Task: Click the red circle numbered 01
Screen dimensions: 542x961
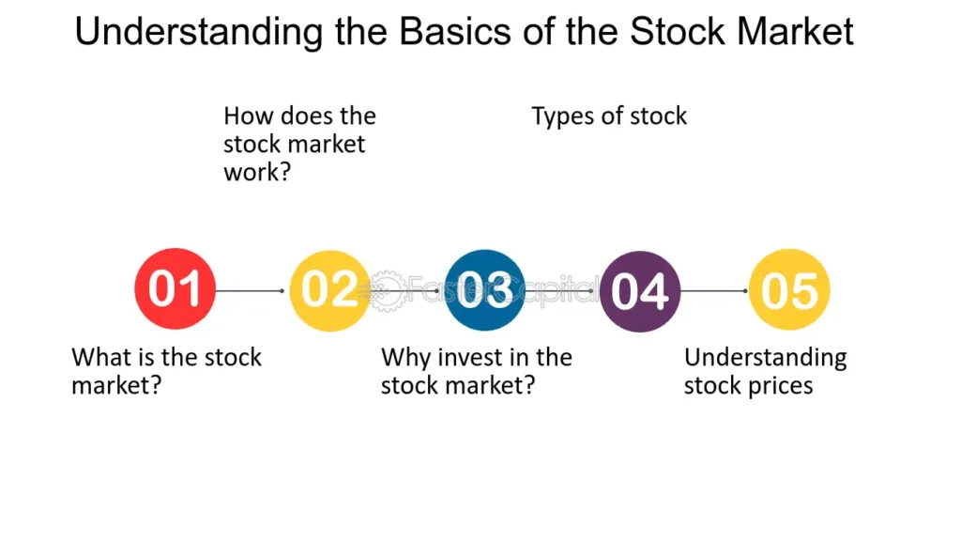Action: coord(175,290)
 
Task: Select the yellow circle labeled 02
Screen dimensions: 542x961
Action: coord(329,290)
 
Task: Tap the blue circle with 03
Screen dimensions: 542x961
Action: coord(484,290)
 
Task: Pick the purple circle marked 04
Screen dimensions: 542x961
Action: coord(639,290)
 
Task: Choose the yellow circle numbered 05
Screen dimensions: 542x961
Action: coord(790,290)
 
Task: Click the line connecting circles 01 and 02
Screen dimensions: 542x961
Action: coord(249,291)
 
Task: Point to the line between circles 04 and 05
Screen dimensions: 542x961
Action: coord(713,291)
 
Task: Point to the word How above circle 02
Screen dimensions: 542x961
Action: coord(249,116)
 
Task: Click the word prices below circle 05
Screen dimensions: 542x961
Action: coord(776,386)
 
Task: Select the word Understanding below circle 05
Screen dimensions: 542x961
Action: coord(765,359)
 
